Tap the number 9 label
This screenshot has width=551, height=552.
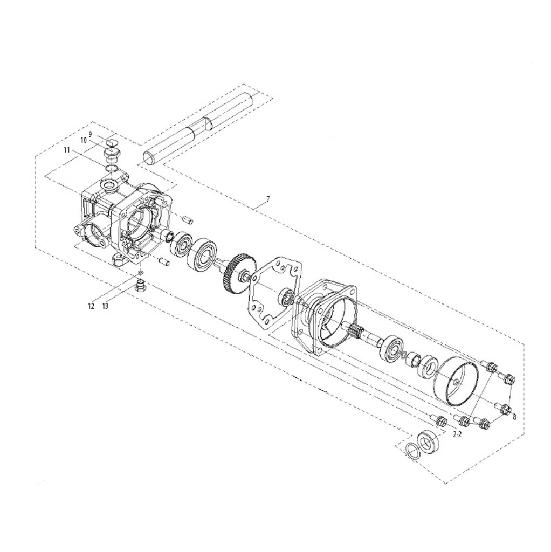[x=90, y=134]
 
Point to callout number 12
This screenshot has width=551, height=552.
[x=92, y=306]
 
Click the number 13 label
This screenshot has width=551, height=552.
[x=105, y=306]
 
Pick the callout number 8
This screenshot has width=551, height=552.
[x=515, y=417]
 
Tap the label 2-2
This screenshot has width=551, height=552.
[x=457, y=434]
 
